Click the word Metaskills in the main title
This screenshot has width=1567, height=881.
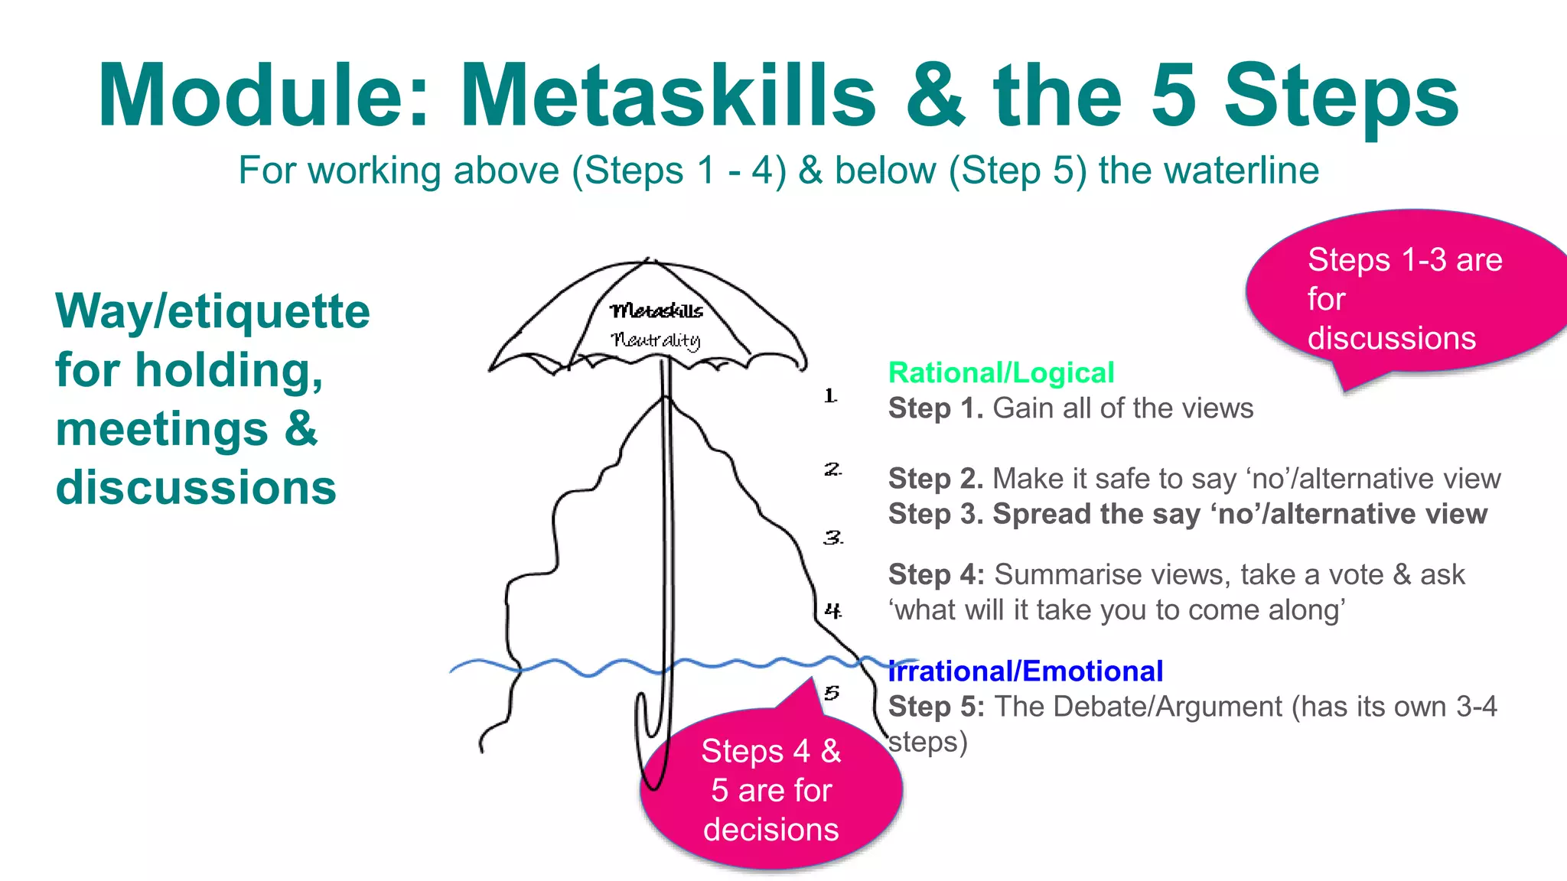[x=667, y=96]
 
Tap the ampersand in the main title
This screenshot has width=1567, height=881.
[x=936, y=96]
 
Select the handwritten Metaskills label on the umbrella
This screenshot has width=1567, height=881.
[x=656, y=310]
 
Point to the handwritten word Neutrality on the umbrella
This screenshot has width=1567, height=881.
[x=656, y=340]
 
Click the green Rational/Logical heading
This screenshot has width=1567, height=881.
[x=1001, y=373]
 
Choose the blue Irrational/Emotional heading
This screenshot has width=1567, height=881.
[x=1025, y=671]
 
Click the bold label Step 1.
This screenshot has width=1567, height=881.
[x=935, y=408]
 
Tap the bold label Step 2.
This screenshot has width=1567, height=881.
[x=935, y=479]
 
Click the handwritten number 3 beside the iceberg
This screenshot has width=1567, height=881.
[x=832, y=538]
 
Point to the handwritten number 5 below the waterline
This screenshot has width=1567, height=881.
[x=832, y=693]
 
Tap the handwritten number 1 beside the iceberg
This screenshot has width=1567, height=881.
[x=830, y=396]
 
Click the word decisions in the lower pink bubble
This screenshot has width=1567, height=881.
[x=770, y=830]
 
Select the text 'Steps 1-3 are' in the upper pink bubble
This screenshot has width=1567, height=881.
[x=1405, y=260]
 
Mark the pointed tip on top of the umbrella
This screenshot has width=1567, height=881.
[x=649, y=261]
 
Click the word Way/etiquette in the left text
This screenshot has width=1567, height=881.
[x=213, y=311]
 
